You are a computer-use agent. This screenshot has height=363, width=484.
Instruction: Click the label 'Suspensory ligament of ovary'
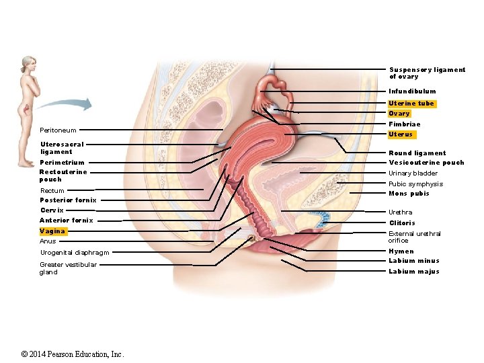coord(427,73)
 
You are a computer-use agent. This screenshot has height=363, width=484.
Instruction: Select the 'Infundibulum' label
coord(412,91)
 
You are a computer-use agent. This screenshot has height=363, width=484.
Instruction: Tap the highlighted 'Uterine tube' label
coord(411,104)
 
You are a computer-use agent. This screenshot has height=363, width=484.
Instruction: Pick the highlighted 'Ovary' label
coord(399,114)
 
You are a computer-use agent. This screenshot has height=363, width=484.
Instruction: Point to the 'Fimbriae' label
coord(404,124)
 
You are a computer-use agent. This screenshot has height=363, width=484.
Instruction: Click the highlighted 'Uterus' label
coord(401,134)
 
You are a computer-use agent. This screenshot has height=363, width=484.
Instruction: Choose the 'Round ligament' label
coord(417,153)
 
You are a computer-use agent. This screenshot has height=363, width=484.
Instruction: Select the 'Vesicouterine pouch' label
coord(426,163)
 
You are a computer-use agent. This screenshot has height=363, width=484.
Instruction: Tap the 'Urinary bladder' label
coord(413,173)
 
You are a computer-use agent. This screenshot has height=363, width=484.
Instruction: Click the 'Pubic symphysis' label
coord(415,184)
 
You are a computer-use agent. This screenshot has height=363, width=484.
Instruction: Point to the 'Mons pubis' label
coord(409,194)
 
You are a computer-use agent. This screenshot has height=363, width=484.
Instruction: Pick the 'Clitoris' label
coord(402,223)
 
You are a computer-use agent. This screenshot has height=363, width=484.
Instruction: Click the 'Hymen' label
coord(401,251)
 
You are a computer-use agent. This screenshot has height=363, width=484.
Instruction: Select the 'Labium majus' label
coord(413,272)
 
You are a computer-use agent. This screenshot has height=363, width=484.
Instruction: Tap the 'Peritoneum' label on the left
coord(58,130)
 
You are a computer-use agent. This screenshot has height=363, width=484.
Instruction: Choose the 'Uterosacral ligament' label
coord(62,148)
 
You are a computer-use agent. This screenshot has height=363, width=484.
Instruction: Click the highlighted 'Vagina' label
coord(52,231)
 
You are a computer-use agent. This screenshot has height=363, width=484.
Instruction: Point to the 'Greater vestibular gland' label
coord(68,268)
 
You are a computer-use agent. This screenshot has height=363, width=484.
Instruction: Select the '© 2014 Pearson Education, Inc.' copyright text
coord(73,354)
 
